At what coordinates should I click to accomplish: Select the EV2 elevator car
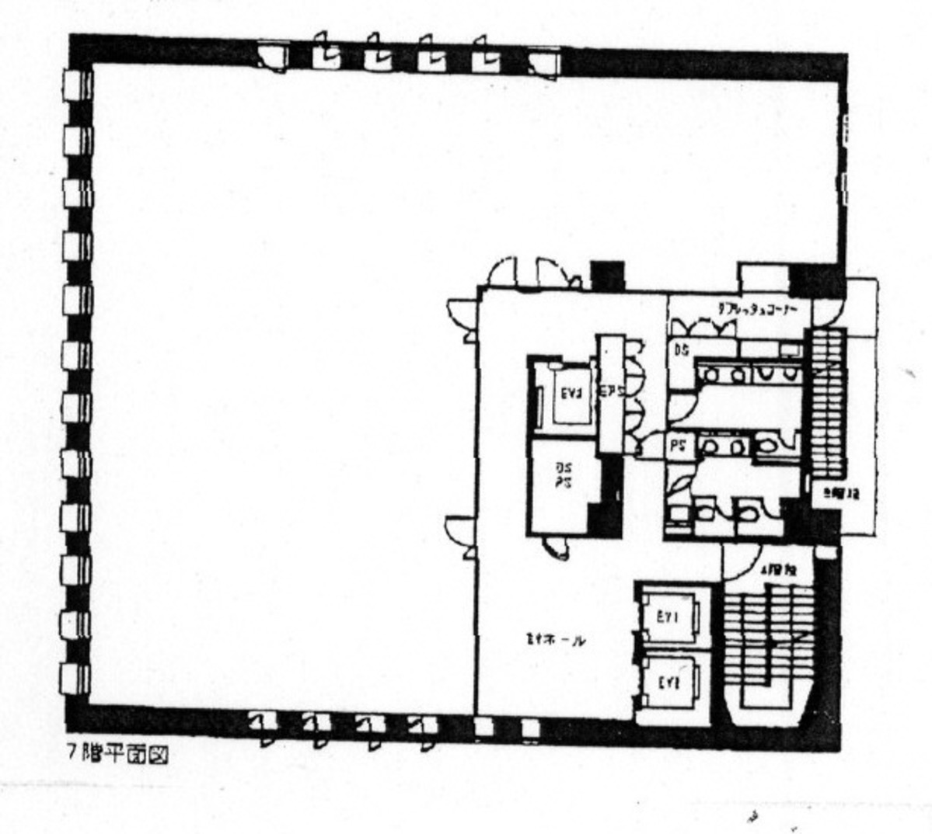pyautogui.click(x=670, y=683)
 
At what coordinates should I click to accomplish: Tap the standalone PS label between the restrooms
pyautogui.click(x=677, y=448)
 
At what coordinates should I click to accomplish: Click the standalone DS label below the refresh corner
pyautogui.click(x=681, y=349)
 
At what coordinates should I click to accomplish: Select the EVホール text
pyautogui.click(x=554, y=640)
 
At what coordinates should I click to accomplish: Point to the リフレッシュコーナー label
pyautogui.click(x=763, y=308)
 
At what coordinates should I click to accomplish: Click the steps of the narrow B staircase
pyautogui.click(x=827, y=404)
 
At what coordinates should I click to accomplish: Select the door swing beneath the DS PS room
pyautogui.click(x=556, y=547)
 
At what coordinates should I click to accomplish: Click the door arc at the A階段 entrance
pyautogui.click(x=742, y=561)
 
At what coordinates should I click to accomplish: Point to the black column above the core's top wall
pyautogui.click(x=607, y=276)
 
